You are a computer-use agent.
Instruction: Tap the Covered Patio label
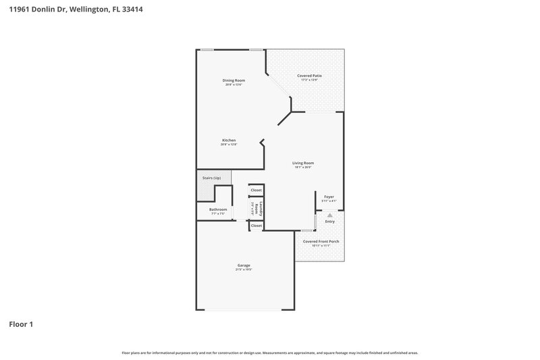[x=309, y=76]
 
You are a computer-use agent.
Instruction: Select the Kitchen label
[x=229, y=140]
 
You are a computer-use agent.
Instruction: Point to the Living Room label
[x=302, y=163]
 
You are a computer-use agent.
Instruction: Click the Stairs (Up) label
[x=211, y=178]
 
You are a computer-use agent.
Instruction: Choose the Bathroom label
[x=217, y=209]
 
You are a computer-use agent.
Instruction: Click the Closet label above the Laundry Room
[x=256, y=190]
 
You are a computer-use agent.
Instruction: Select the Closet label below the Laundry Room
[x=256, y=226]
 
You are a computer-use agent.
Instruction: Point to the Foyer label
[x=329, y=197]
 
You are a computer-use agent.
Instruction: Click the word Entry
[x=329, y=222]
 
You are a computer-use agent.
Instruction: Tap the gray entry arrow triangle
[x=329, y=215]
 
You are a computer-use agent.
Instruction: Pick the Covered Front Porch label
[x=321, y=241]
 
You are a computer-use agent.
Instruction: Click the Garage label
[x=244, y=265]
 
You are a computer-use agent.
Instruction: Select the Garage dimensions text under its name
[x=244, y=270]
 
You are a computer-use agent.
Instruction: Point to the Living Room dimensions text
[x=302, y=168]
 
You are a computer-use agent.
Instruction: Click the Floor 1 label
[x=20, y=324]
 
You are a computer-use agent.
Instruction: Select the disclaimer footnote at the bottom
[x=270, y=353]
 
